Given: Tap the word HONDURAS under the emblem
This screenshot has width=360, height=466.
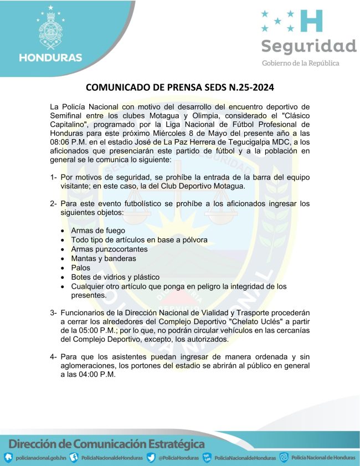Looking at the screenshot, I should [50, 57].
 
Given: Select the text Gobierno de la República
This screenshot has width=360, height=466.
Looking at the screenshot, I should [301, 63].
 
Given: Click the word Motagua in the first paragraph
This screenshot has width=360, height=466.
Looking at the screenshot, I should [158, 115].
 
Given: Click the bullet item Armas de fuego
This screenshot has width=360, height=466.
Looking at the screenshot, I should [98, 230].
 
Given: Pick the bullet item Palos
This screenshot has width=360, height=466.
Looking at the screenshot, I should [80, 268].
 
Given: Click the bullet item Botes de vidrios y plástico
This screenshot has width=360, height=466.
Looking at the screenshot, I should [115, 277].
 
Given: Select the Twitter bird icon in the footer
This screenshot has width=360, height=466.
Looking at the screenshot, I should [151, 458].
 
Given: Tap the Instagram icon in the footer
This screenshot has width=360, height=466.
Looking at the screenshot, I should [284, 457].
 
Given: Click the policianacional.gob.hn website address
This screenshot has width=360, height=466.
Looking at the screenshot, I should [41, 458].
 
